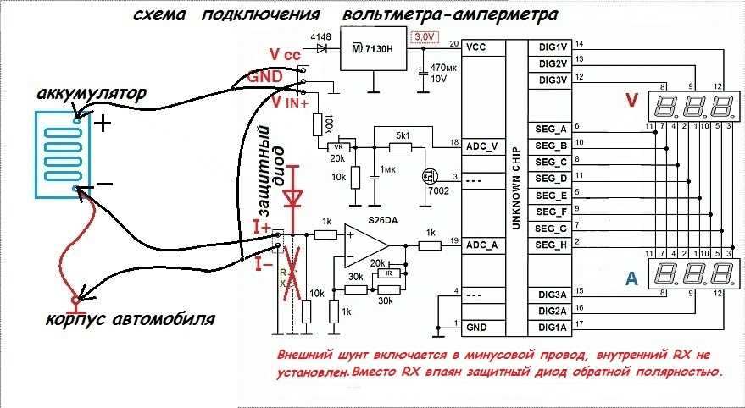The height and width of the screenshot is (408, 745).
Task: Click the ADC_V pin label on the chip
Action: click(x=481, y=146)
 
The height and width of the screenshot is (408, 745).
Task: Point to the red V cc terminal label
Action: click(x=286, y=54)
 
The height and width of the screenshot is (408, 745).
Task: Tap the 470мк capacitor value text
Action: click(x=444, y=67)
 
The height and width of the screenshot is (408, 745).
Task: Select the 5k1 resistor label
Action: click(x=402, y=134)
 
